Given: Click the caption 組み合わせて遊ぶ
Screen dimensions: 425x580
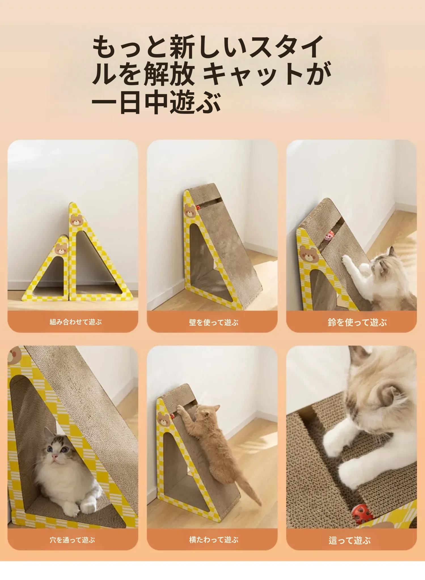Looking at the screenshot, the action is tap(75, 322).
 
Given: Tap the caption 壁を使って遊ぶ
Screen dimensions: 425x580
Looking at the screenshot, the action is tap(213, 322).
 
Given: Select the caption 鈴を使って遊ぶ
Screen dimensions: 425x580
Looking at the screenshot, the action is tap(357, 322).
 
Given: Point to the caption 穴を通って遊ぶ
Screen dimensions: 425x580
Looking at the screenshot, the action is tap(72, 540).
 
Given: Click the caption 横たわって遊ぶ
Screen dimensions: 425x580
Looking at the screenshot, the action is tap(213, 540).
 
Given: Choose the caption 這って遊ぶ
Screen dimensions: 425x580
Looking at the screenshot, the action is tap(350, 540).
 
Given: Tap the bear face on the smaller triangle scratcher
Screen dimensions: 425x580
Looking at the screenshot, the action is tap(61, 248).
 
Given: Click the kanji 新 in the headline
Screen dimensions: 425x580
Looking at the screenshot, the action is tap(183, 47).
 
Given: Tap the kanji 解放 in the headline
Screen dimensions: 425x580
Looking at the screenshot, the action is tap(169, 74).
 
